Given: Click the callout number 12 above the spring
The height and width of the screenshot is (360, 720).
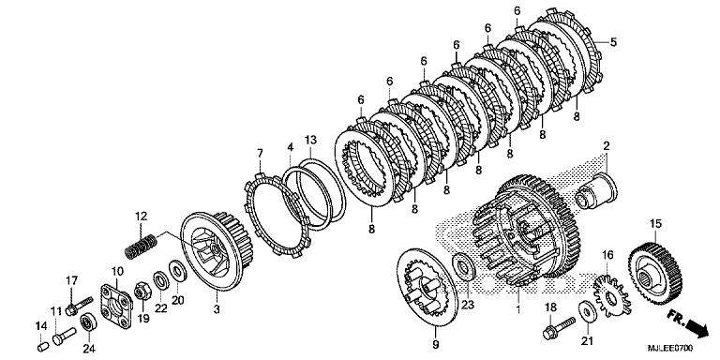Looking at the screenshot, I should [x=142, y=217].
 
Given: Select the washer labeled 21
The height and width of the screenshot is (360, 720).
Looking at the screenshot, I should [x=585, y=308].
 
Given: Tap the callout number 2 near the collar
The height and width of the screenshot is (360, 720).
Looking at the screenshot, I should [x=606, y=145].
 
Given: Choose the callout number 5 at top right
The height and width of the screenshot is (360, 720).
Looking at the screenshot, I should [x=614, y=42].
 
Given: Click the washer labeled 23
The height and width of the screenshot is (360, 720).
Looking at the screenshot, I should [x=463, y=265].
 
